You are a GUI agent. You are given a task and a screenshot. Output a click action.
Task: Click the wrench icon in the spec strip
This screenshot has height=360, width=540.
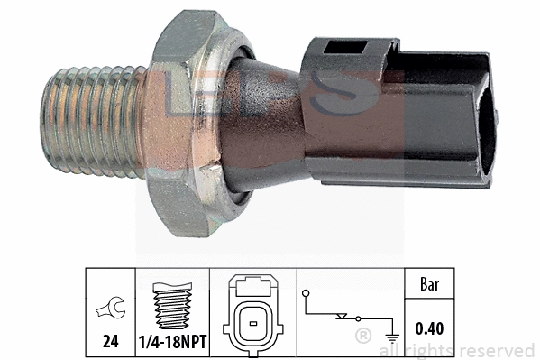tap(109, 309)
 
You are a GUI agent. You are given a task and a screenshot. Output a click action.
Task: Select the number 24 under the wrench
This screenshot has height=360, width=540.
tap(109, 341)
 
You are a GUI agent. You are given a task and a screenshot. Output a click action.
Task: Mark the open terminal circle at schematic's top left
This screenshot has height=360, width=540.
tap(307, 294)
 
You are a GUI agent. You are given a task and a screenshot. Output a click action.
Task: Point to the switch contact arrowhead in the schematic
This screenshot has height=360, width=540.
tap(340, 318)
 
